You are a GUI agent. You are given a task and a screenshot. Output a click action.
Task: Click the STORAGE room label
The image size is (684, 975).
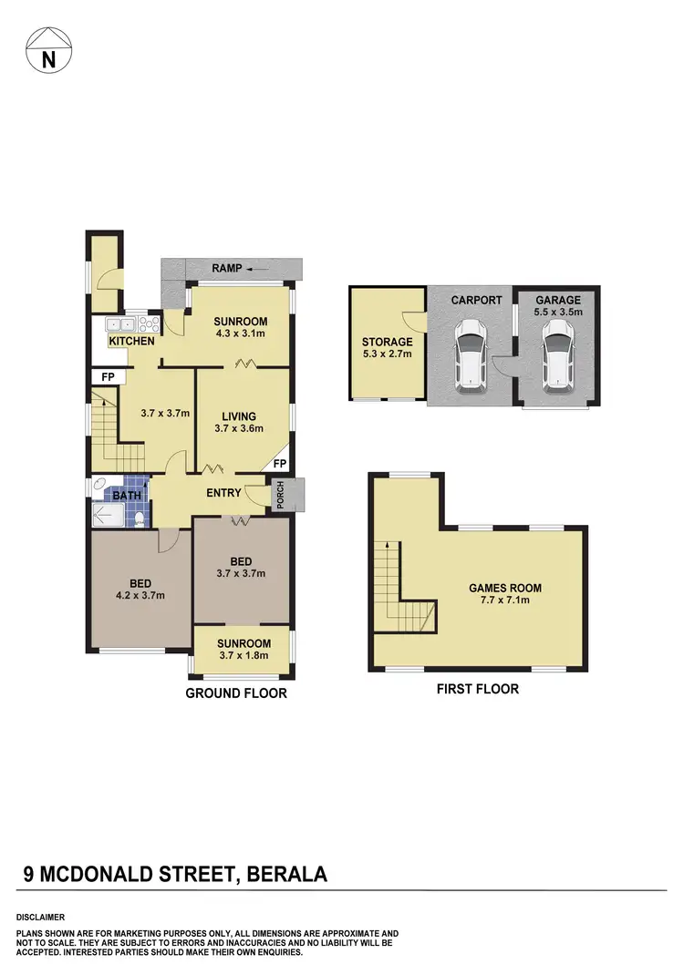[388, 343]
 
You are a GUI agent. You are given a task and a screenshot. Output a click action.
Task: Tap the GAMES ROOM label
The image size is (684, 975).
[499, 588]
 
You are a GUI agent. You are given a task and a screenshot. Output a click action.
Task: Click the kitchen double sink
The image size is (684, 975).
[119, 323]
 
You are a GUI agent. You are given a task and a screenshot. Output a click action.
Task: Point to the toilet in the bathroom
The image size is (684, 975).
[138, 519]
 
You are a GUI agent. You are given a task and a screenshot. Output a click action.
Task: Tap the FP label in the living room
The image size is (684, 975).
[279, 464]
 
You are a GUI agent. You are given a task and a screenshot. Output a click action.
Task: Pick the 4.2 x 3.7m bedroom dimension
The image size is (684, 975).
[140, 596]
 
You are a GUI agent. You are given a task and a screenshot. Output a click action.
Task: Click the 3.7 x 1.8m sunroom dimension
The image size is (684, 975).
[244, 655]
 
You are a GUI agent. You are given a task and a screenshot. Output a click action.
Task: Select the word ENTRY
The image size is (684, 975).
[223, 493]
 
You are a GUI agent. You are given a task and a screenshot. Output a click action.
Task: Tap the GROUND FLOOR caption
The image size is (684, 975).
[236, 693]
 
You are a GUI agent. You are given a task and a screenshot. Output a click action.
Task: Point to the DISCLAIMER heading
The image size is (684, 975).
[40, 917]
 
